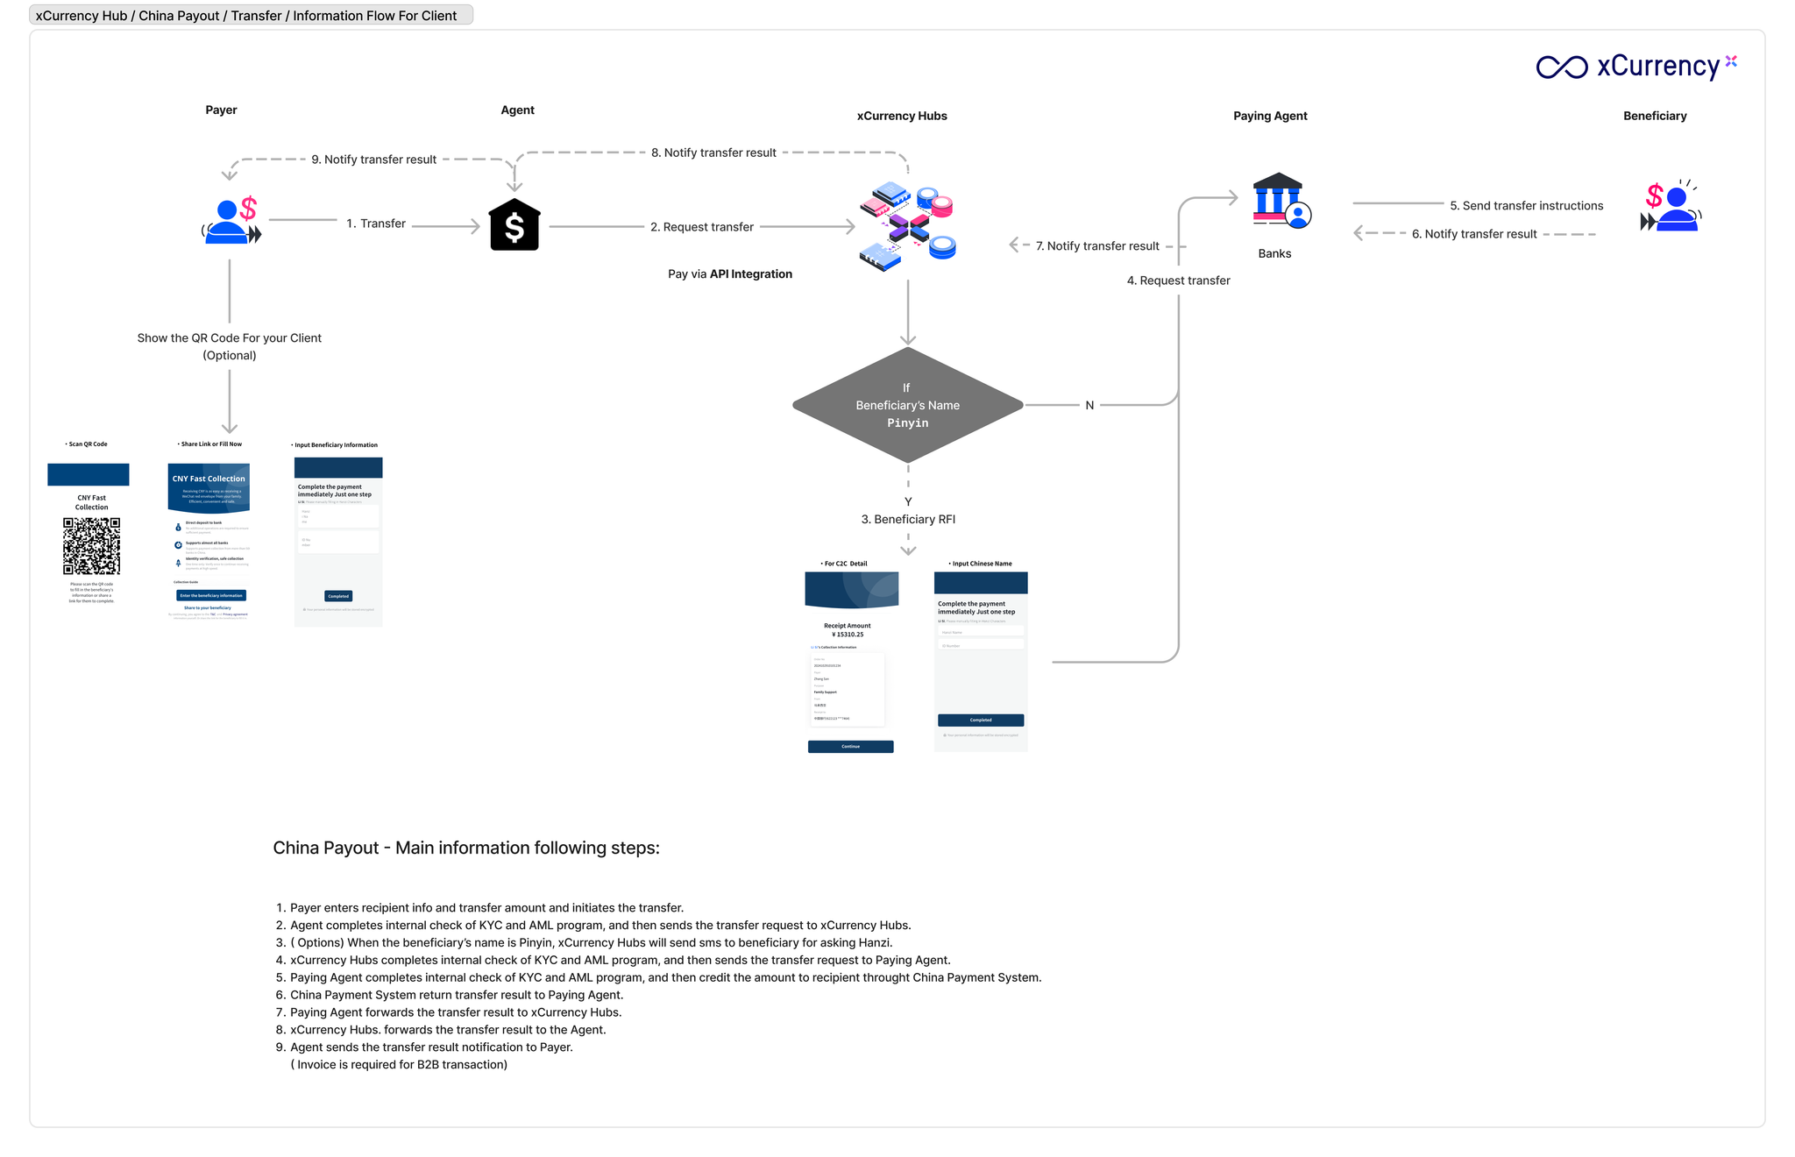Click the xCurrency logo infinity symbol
click(1561, 67)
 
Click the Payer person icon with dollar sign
click(231, 221)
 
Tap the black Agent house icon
click(514, 225)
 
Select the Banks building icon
click(1281, 201)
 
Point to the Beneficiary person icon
click(1671, 208)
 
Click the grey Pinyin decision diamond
click(907, 405)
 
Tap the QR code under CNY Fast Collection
click(91, 545)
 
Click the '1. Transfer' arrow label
click(376, 224)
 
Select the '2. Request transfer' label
click(701, 227)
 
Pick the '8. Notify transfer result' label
click(713, 153)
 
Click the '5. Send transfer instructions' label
click(1526, 206)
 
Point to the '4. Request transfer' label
click(1178, 280)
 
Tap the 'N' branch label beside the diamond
click(1089, 405)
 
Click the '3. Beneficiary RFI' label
click(908, 519)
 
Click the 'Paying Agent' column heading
click(1270, 116)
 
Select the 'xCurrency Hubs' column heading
click(902, 116)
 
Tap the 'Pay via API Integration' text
click(729, 274)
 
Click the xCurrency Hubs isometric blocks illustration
click(907, 226)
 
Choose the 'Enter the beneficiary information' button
click(211, 595)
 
